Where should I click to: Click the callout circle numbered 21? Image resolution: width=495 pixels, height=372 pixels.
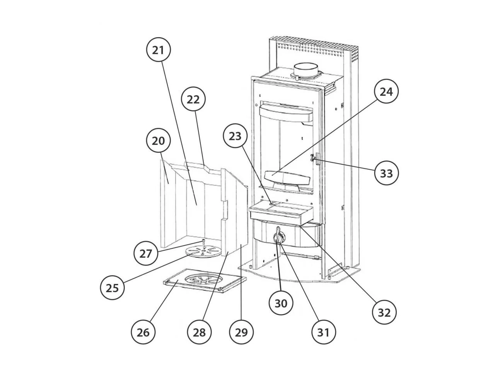coord(159,50)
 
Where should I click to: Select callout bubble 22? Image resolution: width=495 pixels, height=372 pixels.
coord(193,100)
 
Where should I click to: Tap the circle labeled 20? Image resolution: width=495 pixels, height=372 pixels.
coord(159,141)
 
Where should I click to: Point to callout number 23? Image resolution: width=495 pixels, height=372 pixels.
coord(235,136)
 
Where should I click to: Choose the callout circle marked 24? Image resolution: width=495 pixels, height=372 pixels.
coord(386,92)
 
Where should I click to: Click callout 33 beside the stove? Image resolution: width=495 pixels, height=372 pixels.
coord(386,173)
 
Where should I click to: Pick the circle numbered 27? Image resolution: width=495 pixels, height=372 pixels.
coord(146,254)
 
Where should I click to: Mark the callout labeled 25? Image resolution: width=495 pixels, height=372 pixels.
coord(112,288)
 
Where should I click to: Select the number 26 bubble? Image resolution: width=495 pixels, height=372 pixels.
coord(143,332)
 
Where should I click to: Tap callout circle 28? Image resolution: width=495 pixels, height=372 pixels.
coord(200,332)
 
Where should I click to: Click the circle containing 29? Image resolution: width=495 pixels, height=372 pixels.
coord(241,332)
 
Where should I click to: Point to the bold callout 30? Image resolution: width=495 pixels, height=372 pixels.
coord(281,303)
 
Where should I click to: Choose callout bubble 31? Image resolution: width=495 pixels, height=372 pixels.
coord(323,332)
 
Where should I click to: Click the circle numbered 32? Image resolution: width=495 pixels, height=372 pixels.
coord(384,312)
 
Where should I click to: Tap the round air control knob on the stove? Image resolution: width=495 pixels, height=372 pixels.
coord(278,237)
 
